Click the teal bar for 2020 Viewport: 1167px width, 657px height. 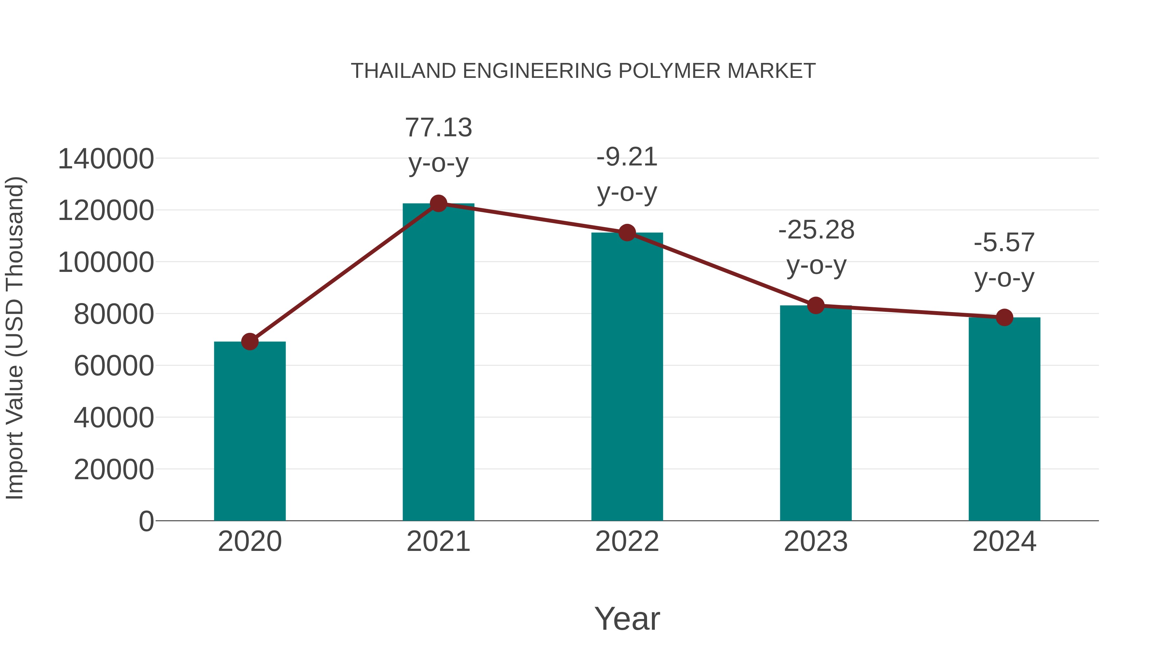(250, 431)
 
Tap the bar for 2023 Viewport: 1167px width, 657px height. (816, 413)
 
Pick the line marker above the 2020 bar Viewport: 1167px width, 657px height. (250, 341)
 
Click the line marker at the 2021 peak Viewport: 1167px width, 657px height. (438, 203)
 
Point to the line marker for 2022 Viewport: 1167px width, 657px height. (627, 233)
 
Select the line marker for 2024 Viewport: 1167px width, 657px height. (1004, 317)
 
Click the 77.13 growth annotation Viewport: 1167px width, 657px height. (438, 128)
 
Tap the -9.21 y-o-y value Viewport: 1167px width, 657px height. (627, 157)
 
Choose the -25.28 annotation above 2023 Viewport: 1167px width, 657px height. (816, 230)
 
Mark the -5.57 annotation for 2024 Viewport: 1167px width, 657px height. (1004, 243)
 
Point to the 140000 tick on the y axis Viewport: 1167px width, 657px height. (106, 159)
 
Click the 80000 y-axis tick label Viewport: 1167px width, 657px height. (114, 314)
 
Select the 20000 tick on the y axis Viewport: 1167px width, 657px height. (114, 470)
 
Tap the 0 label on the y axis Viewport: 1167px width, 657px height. (146, 521)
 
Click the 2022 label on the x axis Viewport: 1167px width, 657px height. (627, 541)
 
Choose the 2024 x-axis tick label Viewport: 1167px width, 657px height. (1004, 541)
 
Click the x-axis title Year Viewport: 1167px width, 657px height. (627, 619)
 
